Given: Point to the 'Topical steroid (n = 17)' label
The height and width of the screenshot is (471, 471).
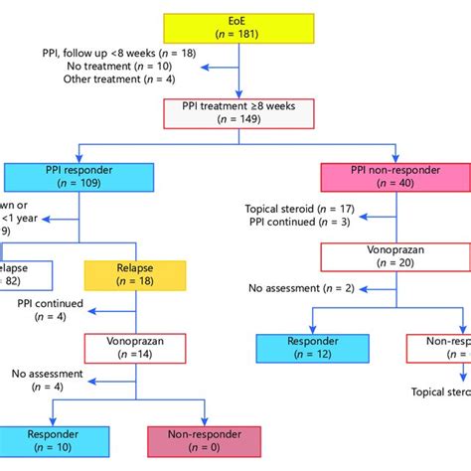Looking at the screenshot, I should [x=297, y=209].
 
